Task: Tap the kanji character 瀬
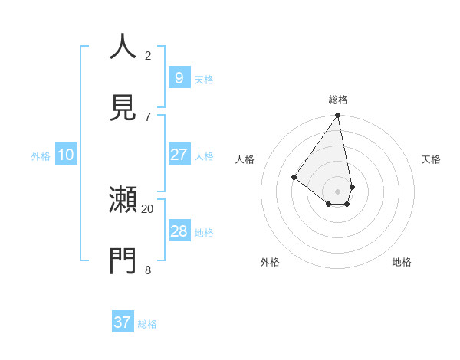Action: click(x=123, y=201)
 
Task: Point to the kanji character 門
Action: click(x=123, y=261)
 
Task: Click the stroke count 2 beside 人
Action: click(x=148, y=55)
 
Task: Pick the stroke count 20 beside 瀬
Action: click(x=148, y=208)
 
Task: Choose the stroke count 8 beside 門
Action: click(x=148, y=270)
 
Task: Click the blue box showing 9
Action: click(x=179, y=77)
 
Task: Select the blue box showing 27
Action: click(x=179, y=154)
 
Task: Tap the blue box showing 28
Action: click(x=179, y=231)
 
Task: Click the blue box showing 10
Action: click(x=66, y=155)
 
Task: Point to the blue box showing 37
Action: click(x=123, y=322)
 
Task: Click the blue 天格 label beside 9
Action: click(x=204, y=79)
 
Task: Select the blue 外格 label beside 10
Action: click(x=41, y=156)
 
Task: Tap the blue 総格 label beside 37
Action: click(x=147, y=324)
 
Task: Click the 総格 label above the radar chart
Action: click(x=338, y=100)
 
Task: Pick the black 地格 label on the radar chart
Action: click(x=402, y=262)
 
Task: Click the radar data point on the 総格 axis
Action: click(x=338, y=116)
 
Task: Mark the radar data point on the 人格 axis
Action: click(x=294, y=177)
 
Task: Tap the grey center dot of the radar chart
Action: click(x=338, y=191)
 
